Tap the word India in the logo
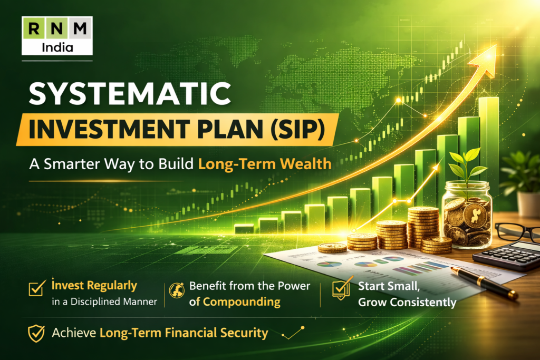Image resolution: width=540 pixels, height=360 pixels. click(57, 46)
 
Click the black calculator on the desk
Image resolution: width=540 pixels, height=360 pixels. click(507, 255)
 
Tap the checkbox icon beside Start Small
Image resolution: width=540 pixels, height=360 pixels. click(342, 288)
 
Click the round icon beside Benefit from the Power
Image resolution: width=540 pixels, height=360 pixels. click(176, 290)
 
